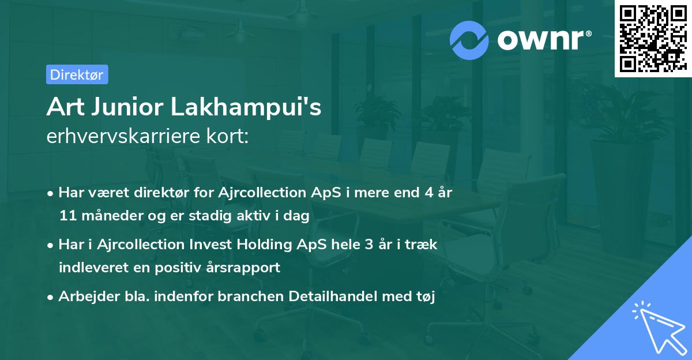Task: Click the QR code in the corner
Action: point(653,39)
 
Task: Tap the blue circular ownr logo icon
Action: point(469,39)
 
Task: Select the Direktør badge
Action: point(77,74)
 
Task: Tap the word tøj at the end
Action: point(424,297)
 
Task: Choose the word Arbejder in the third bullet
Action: point(85,297)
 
